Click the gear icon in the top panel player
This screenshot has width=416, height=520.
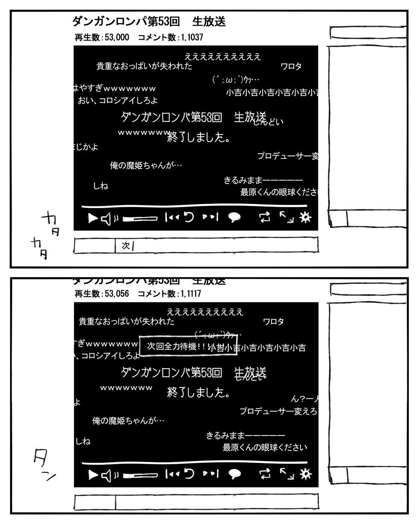pyautogui.click(x=305, y=217)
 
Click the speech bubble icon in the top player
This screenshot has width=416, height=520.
pyautogui.click(x=235, y=218)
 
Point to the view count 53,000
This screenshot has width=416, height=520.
pyautogui.click(x=117, y=37)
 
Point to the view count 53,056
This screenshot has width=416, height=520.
pyautogui.click(x=117, y=294)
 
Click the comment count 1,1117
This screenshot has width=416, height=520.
pyautogui.click(x=191, y=294)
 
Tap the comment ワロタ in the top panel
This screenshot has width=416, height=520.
pyautogui.click(x=291, y=67)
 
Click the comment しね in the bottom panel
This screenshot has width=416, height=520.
pyautogui.click(x=83, y=441)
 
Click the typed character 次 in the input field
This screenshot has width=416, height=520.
pyautogui.click(x=126, y=245)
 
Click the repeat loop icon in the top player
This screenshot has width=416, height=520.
pyautogui.click(x=265, y=218)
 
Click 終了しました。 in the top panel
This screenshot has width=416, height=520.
pyautogui.click(x=199, y=137)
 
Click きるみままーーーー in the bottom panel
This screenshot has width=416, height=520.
pyautogui.click(x=245, y=436)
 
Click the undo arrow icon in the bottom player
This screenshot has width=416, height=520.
pyautogui.click(x=189, y=474)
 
